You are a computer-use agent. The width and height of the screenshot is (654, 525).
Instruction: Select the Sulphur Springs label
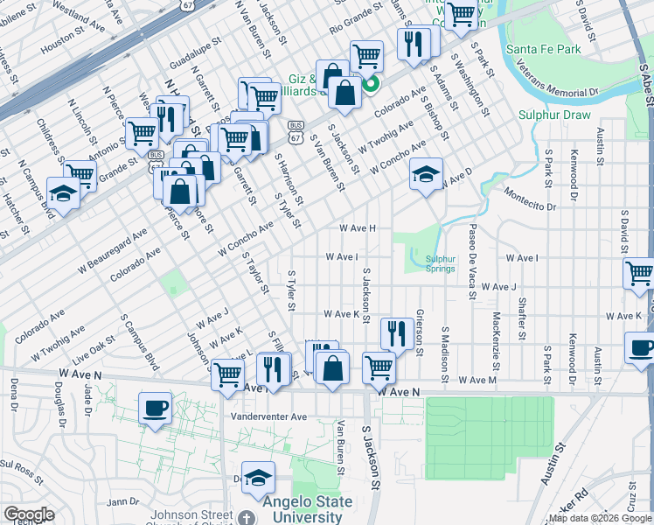coord(440,262)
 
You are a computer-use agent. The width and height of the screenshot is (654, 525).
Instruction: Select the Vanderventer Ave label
coord(268,416)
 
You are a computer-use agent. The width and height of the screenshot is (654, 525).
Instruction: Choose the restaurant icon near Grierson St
coord(397,332)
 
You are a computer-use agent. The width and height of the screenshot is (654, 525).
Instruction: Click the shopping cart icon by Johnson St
coord(227,375)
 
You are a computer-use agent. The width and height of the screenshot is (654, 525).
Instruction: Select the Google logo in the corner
coord(28,514)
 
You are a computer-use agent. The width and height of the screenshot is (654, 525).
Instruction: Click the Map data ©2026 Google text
coord(599,518)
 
